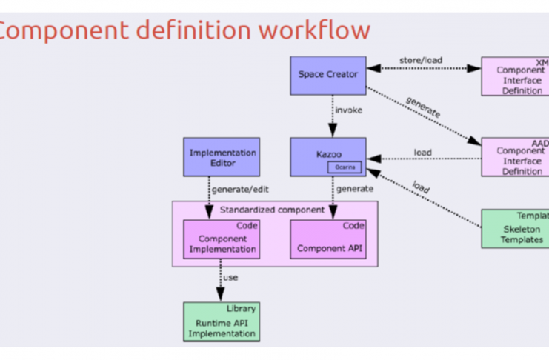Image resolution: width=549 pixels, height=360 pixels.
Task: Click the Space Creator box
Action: click(327, 75)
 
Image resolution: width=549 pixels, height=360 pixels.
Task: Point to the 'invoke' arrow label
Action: click(349, 110)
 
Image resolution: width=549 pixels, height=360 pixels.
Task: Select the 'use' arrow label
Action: click(230, 278)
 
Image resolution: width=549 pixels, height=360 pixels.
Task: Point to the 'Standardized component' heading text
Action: click(273, 210)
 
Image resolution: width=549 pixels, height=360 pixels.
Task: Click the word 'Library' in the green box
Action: click(241, 308)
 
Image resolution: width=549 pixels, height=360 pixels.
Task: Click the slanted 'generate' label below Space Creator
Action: click(422, 109)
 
